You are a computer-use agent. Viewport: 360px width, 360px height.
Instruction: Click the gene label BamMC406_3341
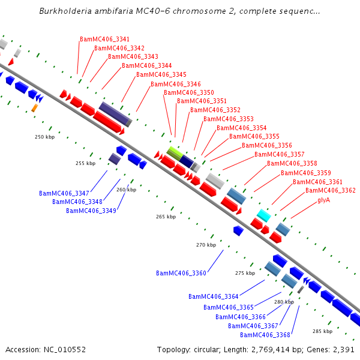pyautogui.click(x=104, y=39)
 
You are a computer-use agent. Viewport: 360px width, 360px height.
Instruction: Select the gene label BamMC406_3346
pyautogui.click(x=176, y=84)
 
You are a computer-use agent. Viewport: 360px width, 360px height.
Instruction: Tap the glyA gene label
pyautogui.click(x=324, y=200)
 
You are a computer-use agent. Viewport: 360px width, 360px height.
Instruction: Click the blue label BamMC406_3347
pyautogui.click(x=64, y=194)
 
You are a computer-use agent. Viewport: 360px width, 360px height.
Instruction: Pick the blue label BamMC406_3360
pyautogui.click(x=181, y=273)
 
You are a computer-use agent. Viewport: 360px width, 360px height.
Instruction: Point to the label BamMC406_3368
pyautogui.click(x=265, y=335)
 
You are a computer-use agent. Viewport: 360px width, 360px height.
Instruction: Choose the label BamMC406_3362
pyautogui.click(x=331, y=191)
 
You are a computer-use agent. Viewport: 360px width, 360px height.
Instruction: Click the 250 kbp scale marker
pyautogui.click(x=45, y=137)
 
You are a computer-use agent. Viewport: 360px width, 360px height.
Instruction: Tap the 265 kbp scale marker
pyautogui.click(x=166, y=217)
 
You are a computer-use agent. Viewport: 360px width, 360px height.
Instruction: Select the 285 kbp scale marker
pyautogui.click(x=323, y=331)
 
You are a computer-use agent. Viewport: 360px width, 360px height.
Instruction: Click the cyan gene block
pyautogui.click(x=264, y=215)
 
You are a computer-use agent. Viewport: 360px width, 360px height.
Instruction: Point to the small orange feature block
pyautogui.click(x=35, y=108)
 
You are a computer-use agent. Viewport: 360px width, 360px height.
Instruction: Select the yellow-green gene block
pyautogui.click(x=175, y=154)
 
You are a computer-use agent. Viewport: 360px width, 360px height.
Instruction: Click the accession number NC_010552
pyautogui.click(x=65, y=350)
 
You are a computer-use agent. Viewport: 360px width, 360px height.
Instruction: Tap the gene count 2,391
pyautogui.click(x=343, y=350)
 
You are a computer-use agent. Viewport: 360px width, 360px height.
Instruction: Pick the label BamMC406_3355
pyautogui.click(x=254, y=137)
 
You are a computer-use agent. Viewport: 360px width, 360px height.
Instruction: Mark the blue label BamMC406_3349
pyautogui.click(x=91, y=211)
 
